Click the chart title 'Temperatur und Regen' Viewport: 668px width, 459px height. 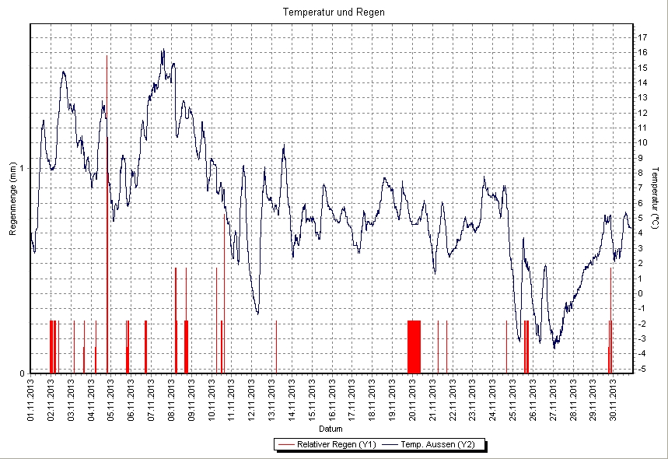click(x=334, y=12)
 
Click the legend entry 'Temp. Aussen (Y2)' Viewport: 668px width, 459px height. click(x=440, y=445)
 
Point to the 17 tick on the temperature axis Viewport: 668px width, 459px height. click(x=642, y=37)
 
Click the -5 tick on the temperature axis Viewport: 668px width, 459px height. click(x=642, y=369)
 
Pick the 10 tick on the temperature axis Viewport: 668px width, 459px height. click(x=642, y=142)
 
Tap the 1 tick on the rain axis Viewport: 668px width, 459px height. click(x=23, y=168)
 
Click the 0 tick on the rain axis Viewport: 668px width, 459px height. click(x=23, y=373)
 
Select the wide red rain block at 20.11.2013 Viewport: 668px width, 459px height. click(x=414, y=346)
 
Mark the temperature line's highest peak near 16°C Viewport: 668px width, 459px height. click(x=163, y=51)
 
